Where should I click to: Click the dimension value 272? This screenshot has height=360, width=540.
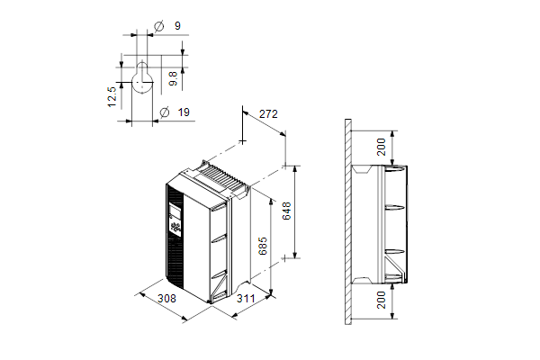pyautogui.click(x=268, y=113)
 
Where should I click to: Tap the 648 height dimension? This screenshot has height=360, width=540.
pyautogui.click(x=286, y=211)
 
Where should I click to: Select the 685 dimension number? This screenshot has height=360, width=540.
pyautogui.click(x=263, y=246)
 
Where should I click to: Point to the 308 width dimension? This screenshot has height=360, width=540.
pyautogui.click(x=166, y=298)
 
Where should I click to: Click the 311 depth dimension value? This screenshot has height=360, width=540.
pyautogui.click(x=246, y=298)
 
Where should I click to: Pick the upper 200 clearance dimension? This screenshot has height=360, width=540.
pyautogui.click(x=382, y=147)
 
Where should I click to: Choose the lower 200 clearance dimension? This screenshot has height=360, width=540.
pyautogui.click(x=382, y=300)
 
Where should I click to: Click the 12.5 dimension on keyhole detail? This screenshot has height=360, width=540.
pyautogui.click(x=112, y=97)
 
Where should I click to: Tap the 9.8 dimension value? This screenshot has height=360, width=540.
pyautogui.click(x=174, y=78)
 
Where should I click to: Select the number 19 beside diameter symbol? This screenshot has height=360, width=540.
pyautogui.click(x=184, y=112)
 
